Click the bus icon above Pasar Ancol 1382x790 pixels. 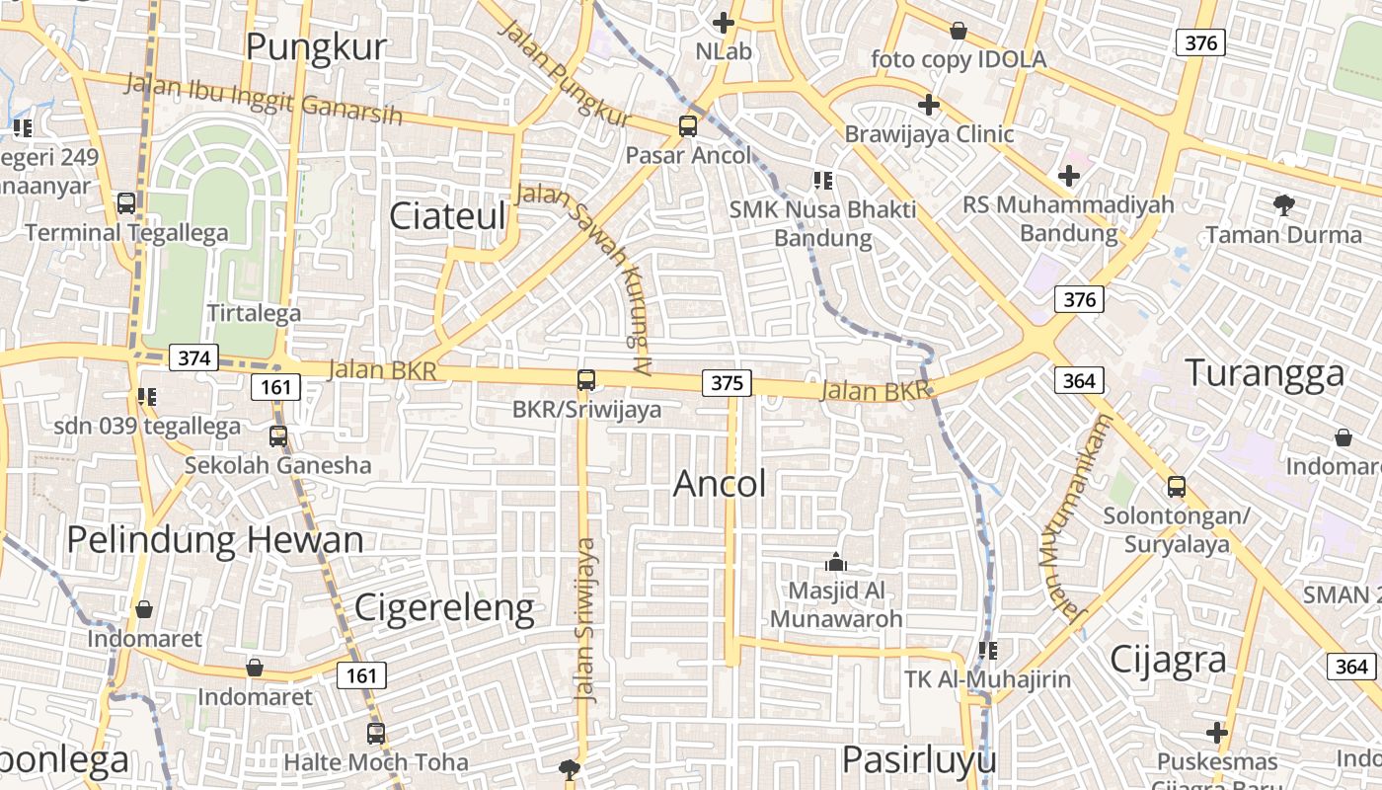pos(688,126)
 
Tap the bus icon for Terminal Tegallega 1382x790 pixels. pos(126,203)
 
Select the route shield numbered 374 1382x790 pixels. pos(193,357)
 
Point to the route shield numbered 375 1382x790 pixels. pos(727,382)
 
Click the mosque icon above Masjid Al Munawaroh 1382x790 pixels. pos(836,563)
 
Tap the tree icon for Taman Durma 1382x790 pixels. pos(1283,205)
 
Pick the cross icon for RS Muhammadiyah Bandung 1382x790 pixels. pos(1068,177)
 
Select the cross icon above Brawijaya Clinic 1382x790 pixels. pos(928,104)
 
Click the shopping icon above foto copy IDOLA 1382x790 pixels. pos(958,31)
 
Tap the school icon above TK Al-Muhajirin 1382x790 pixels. pos(987,650)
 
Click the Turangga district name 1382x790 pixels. pos(1265,373)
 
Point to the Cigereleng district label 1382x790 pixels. pos(444,607)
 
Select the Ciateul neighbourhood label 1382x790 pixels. pos(447,216)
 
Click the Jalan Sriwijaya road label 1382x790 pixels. pos(586,619)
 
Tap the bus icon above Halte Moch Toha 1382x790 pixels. pos(376,733)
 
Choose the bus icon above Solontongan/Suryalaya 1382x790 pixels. pos(1176,486)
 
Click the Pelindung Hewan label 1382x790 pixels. pos(215,540)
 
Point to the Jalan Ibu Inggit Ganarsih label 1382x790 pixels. pos(265,100)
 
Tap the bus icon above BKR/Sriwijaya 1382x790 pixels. pos(586,379)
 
